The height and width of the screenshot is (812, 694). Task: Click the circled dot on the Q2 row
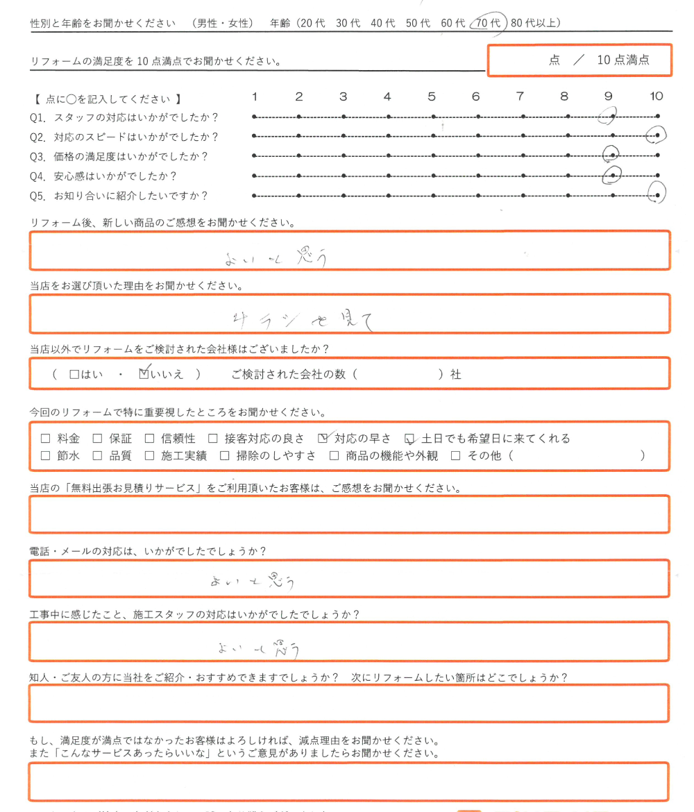pos(656,135)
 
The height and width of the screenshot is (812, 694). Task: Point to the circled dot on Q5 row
pos(657,194)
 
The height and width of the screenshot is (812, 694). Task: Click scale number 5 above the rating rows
pos(432,96)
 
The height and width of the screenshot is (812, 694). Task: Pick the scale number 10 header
pos(656,96)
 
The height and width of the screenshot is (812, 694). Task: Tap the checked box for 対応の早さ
pos(323,439)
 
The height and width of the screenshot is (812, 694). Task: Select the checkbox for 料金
pos(46,439)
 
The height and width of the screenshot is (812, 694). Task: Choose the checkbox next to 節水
pos(46,456)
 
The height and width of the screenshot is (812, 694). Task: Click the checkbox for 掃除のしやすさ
pos(224,456)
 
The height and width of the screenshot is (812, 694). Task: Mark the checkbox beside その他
pos(456,456)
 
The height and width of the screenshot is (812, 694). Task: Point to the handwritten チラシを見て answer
pos(303,319)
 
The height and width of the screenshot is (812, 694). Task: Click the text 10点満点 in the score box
pos(623,60)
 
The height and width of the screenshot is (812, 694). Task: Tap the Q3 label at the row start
pos(37,156)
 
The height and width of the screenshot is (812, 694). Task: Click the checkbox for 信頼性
pos(149,439)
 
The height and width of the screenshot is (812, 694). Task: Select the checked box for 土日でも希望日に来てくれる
pos(410,439)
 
